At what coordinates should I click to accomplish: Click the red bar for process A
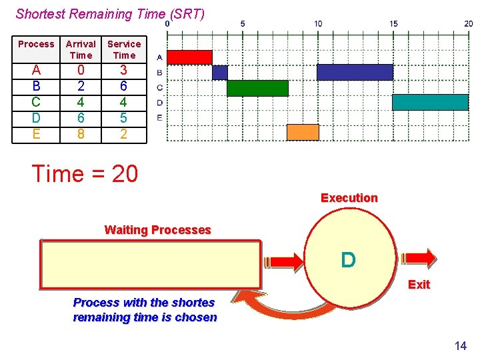189,57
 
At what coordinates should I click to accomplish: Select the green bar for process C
257,88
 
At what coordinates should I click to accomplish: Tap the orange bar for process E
303,132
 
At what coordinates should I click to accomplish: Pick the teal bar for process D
430,102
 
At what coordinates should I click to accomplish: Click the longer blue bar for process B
355,72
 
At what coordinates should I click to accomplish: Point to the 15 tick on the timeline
393,23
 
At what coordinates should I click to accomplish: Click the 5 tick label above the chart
243,23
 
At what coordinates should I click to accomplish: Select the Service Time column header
124,49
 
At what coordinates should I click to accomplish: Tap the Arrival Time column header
81,49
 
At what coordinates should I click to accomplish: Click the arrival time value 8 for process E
81,134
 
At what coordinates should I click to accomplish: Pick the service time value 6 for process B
124,86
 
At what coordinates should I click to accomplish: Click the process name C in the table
36,102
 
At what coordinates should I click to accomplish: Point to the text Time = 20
85,174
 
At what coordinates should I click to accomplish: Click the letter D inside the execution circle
348,259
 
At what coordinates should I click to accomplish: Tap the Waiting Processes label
157,230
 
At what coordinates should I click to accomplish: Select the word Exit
419,285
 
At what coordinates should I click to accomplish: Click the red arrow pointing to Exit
417,258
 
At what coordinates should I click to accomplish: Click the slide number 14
460,345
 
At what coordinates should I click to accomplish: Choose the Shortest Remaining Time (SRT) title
110,13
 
